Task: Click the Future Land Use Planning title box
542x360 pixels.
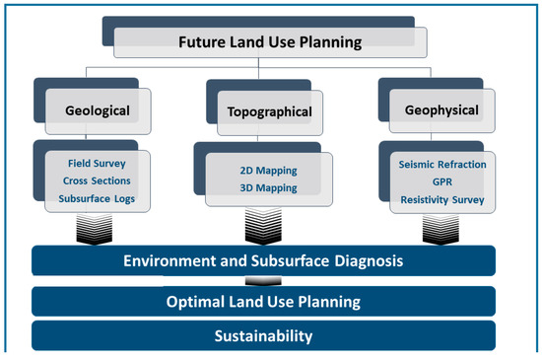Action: (270, 42)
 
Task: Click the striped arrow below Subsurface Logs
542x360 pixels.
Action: (97, 230)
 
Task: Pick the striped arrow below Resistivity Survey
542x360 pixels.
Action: (443, 230)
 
